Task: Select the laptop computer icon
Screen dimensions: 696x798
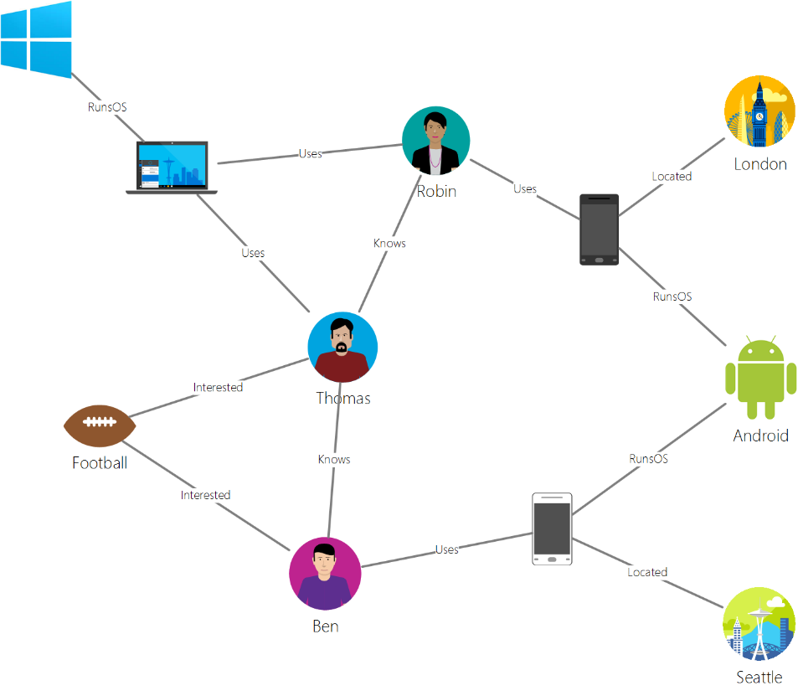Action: [172, 168]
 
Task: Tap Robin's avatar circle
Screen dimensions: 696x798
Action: [435, 140]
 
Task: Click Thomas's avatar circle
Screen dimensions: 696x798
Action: [342, 347]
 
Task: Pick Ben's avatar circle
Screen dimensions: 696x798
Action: [325, 574]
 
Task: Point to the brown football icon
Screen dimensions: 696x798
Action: [100, 426]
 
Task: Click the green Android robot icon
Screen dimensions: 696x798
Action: [760, 379]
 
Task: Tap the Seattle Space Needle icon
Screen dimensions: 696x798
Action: [759, 624]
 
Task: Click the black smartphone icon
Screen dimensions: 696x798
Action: [599, 229]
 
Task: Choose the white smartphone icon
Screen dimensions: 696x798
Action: [552, 528]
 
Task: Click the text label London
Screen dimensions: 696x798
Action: [760, 164]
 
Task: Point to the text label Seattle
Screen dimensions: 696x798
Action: [759, 677]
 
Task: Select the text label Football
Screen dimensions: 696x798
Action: [100, 462]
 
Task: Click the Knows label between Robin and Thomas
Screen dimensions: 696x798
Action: [389, 243]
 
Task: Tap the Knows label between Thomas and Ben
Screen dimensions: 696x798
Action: [334, 459]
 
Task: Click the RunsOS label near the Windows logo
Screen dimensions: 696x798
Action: [107, 107]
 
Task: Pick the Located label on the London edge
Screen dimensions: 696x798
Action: [672, 176]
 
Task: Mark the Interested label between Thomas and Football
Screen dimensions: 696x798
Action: [218, 387]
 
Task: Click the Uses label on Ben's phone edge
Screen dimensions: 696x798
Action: [446, 549]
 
